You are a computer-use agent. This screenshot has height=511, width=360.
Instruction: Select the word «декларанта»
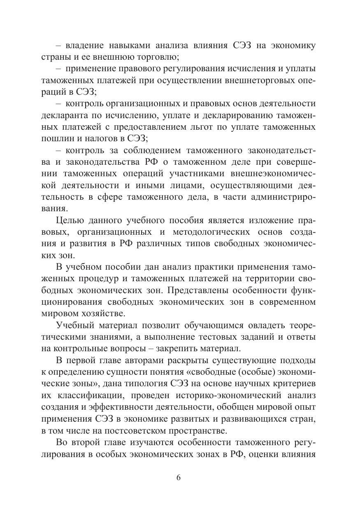click(x=67, y=114)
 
